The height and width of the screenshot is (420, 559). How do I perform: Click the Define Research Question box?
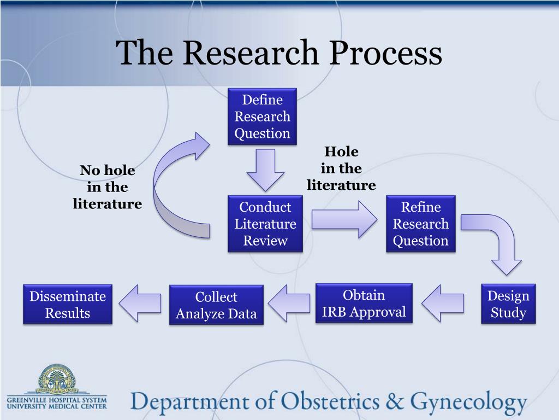262,116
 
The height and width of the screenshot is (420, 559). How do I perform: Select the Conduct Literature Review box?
265,224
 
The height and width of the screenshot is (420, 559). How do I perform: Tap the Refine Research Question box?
421,224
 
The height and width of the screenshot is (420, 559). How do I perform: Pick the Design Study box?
508,304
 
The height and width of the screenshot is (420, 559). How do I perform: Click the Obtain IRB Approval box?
364,303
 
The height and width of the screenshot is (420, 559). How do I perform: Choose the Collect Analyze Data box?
216,305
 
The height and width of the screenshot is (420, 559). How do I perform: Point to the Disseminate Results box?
68,304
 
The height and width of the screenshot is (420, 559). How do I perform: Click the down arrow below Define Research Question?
266,170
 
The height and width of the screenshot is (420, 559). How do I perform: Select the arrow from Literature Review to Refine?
344,219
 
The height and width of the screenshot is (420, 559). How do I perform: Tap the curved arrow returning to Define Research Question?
159,186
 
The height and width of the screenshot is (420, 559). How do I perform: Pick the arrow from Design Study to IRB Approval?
443,303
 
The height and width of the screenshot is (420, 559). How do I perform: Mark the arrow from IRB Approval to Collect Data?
289,303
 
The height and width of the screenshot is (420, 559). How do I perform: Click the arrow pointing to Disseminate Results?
140,303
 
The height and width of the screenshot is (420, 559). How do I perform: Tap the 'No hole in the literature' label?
108,187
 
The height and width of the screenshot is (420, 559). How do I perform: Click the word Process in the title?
385,53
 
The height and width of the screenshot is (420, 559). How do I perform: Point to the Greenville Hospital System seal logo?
57,380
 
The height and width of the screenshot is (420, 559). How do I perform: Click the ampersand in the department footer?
395,401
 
